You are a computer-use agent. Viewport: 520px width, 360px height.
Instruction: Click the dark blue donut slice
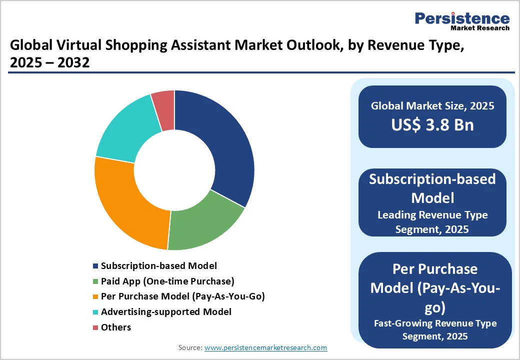pos(225,145)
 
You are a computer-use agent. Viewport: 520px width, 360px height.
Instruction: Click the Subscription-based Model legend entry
pos(158,266)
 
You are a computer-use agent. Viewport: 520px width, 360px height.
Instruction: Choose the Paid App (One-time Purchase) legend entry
pos(167,281)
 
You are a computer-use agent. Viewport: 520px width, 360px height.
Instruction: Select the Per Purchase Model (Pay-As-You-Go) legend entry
pos(182,296)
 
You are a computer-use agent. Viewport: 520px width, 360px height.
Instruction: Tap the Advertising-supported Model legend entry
pos(166,311)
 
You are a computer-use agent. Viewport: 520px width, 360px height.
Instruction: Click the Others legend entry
pos(115,327)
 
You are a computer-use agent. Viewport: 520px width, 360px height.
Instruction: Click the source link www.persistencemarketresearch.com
pos(265,347)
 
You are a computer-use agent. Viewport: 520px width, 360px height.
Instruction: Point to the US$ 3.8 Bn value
pos(432,124)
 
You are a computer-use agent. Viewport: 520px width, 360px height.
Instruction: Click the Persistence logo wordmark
pos(462,18)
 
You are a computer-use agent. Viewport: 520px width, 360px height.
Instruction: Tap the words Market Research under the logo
pos(480,28)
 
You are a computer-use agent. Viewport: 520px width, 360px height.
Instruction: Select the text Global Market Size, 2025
pos(432,106)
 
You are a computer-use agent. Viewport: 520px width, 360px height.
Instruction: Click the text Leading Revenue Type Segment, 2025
pos(432,222)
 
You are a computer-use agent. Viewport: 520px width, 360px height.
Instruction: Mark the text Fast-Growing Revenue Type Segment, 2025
pos(435,329)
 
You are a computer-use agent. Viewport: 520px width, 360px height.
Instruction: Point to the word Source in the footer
pos(190,347)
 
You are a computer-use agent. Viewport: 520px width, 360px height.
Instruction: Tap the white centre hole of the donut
pos(174,170)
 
